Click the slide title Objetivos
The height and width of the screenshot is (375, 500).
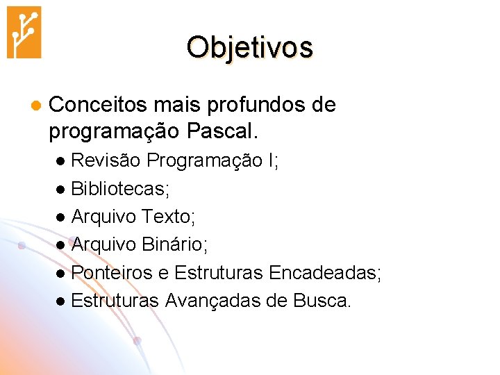tap(250, 47)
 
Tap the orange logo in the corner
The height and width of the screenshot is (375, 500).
tap(24, 32)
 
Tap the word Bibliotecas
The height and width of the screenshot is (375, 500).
tap(119, 188)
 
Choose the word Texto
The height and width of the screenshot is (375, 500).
tap(168, 217)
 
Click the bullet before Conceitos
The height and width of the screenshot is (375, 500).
tap(33, 106)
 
